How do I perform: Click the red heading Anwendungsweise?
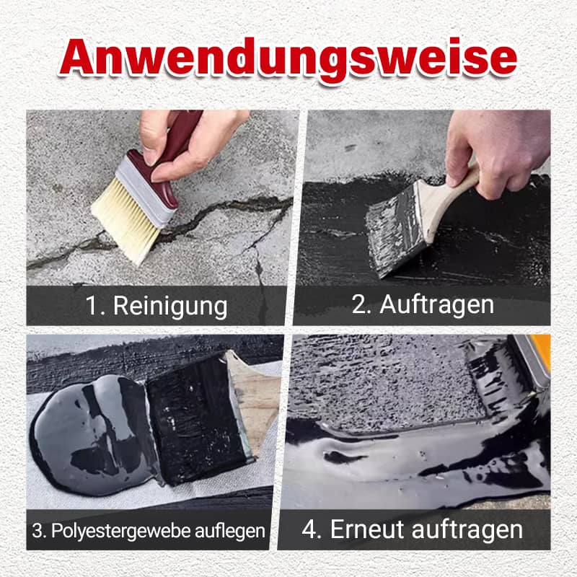click(288, 59)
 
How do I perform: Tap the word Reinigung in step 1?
click(170, 306)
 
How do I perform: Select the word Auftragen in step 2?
click(437, 304)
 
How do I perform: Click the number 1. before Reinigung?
click(96, 305)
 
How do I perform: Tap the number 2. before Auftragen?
click(364, 304)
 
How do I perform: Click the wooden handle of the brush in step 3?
click(254, 401)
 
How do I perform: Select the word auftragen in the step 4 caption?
click(467, 530)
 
